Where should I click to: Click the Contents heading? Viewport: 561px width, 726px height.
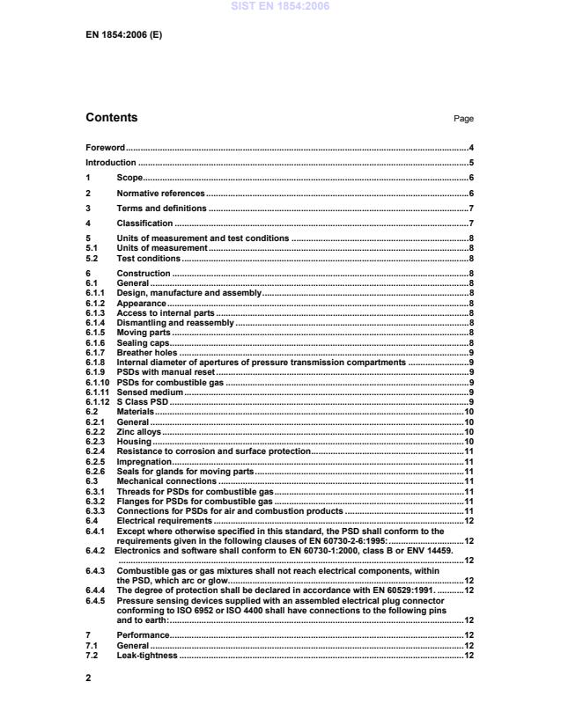(111, 118)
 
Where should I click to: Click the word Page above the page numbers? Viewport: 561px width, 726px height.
(463, 119)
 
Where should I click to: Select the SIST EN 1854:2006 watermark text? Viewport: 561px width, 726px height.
(280, 6)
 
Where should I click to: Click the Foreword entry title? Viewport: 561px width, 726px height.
(105, 148)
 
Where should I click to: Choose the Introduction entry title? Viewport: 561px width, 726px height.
(111, 163)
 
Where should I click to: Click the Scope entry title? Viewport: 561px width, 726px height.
(130, 178)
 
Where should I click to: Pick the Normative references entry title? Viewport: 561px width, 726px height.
(160, 193)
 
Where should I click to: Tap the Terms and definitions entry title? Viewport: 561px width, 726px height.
(161, 209)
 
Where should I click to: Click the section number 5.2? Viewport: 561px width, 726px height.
(91, 259)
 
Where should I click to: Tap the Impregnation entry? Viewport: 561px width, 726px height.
(144, 461)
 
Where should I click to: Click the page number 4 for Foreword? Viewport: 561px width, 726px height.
(472, 148)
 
